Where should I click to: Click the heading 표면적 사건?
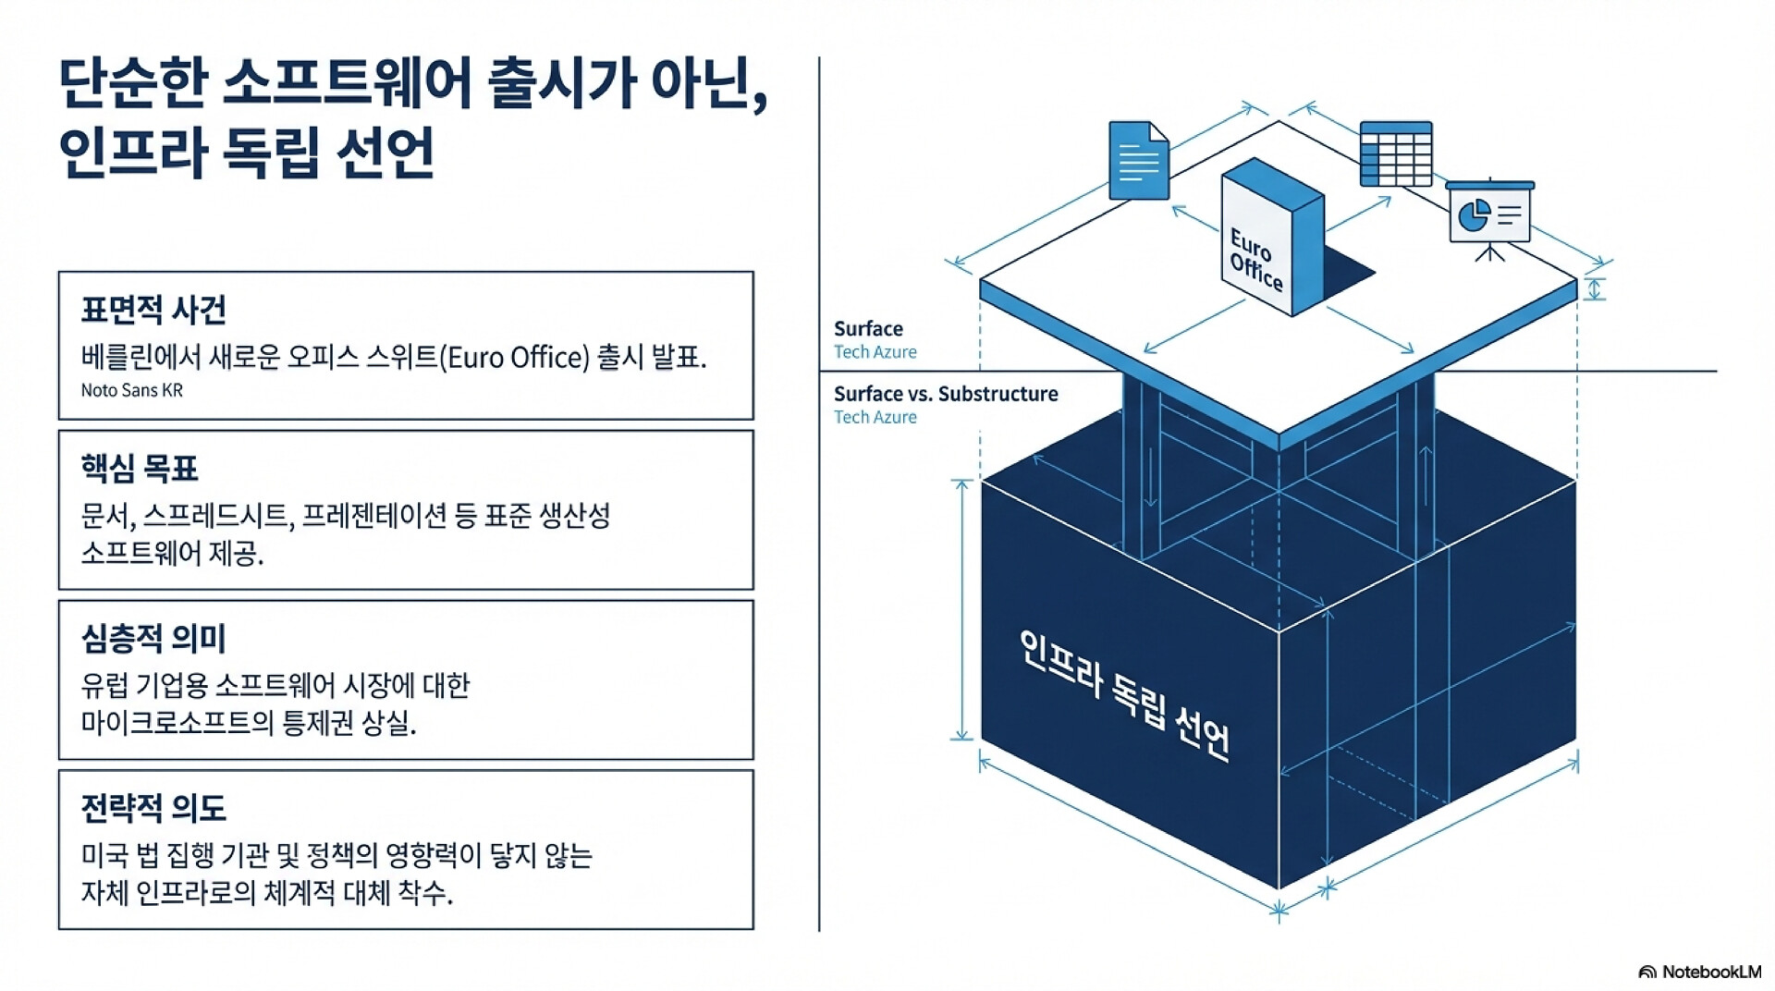tap(153, 310)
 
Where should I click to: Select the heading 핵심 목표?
tap(140, 469)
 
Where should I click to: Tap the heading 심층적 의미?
tap(153, 638)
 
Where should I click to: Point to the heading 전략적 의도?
tap(153, 808)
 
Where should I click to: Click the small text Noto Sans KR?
tap(132, 390)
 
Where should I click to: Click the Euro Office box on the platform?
tap(1270, 239)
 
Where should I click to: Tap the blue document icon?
tap(1138, 161)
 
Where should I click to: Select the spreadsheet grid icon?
tap(1396, 153)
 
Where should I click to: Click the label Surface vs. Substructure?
tap(946, 394)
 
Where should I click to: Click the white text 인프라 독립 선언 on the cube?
tap(1124, 695)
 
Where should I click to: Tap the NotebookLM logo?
tap(1699, 972)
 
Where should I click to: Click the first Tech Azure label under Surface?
tap(875, 352)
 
